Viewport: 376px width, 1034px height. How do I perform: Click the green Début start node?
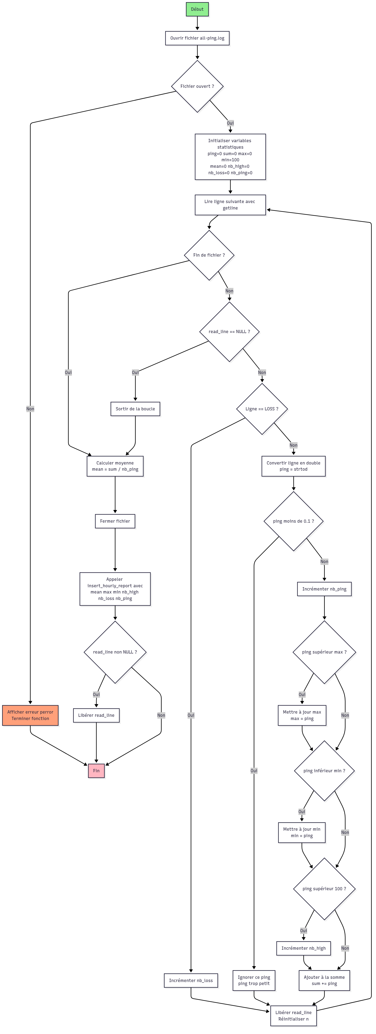[x=197, y=9]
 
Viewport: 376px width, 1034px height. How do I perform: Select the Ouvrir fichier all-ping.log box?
[x=197, y=38]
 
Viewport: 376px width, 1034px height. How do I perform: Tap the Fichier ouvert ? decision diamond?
[x=197, y=86]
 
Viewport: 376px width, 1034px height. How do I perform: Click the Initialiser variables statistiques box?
[x=230, y=156]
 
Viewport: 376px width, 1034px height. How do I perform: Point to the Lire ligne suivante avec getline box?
[x=230, y=205]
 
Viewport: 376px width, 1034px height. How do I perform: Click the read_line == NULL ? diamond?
[x=229, y=331]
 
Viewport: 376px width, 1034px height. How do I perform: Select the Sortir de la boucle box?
[x=135, y=409]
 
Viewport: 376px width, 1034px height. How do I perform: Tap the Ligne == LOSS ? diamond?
[x=262, y=409]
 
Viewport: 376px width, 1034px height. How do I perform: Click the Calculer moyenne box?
[x=115, y=466]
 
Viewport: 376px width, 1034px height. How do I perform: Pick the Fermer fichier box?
[x=115, y=521]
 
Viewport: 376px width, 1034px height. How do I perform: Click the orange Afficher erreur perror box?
[x=30, y=715]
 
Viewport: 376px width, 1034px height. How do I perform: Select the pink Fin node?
[x=96, y=770]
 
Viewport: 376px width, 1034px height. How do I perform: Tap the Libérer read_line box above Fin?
[x=96, y=715]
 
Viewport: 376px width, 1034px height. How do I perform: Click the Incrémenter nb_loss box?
[x=191, y=980]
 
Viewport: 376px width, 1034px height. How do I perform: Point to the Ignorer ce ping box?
[x=254, y=980]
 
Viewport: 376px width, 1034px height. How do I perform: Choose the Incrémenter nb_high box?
[x=303, y=948]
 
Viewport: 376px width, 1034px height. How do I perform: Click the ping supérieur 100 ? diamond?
[x=324, y=888]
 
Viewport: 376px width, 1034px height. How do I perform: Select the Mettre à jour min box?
[x=302, y=832]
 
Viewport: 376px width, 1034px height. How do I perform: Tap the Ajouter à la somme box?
[x=324, y=980]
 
